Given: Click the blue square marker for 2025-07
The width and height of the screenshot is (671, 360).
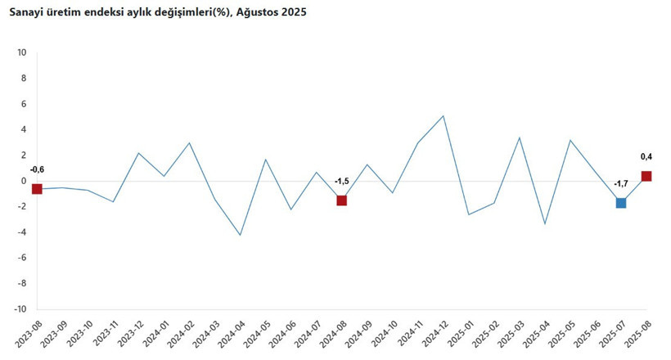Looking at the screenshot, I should (x=621, y=203).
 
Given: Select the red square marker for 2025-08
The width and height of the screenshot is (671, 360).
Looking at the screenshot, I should (x=646, y=176).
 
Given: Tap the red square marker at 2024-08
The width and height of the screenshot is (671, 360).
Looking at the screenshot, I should (x=342, y=200).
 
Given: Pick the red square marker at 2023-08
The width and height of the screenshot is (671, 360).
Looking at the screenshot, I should (x=37, y=189).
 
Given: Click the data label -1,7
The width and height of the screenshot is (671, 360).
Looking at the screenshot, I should (x=620, y=184).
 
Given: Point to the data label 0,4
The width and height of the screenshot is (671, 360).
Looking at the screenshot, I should (x=646, y=157).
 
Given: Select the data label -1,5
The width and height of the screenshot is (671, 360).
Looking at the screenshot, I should (x=342, y=181).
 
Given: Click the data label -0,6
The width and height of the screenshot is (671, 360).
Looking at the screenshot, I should (x=37, y=170).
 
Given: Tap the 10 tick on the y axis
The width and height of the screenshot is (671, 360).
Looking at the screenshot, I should (x=22, y=52).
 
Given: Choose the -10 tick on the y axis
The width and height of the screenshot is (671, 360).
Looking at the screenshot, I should (x=20, y=309).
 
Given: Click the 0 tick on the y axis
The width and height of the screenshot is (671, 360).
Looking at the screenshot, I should (x=24, y=181).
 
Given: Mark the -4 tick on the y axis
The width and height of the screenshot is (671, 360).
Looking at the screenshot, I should (x=22, y=232).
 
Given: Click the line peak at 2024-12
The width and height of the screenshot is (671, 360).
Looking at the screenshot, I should (x=444, y=115).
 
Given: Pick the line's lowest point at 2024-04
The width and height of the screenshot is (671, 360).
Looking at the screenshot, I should (x=240, y=236).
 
